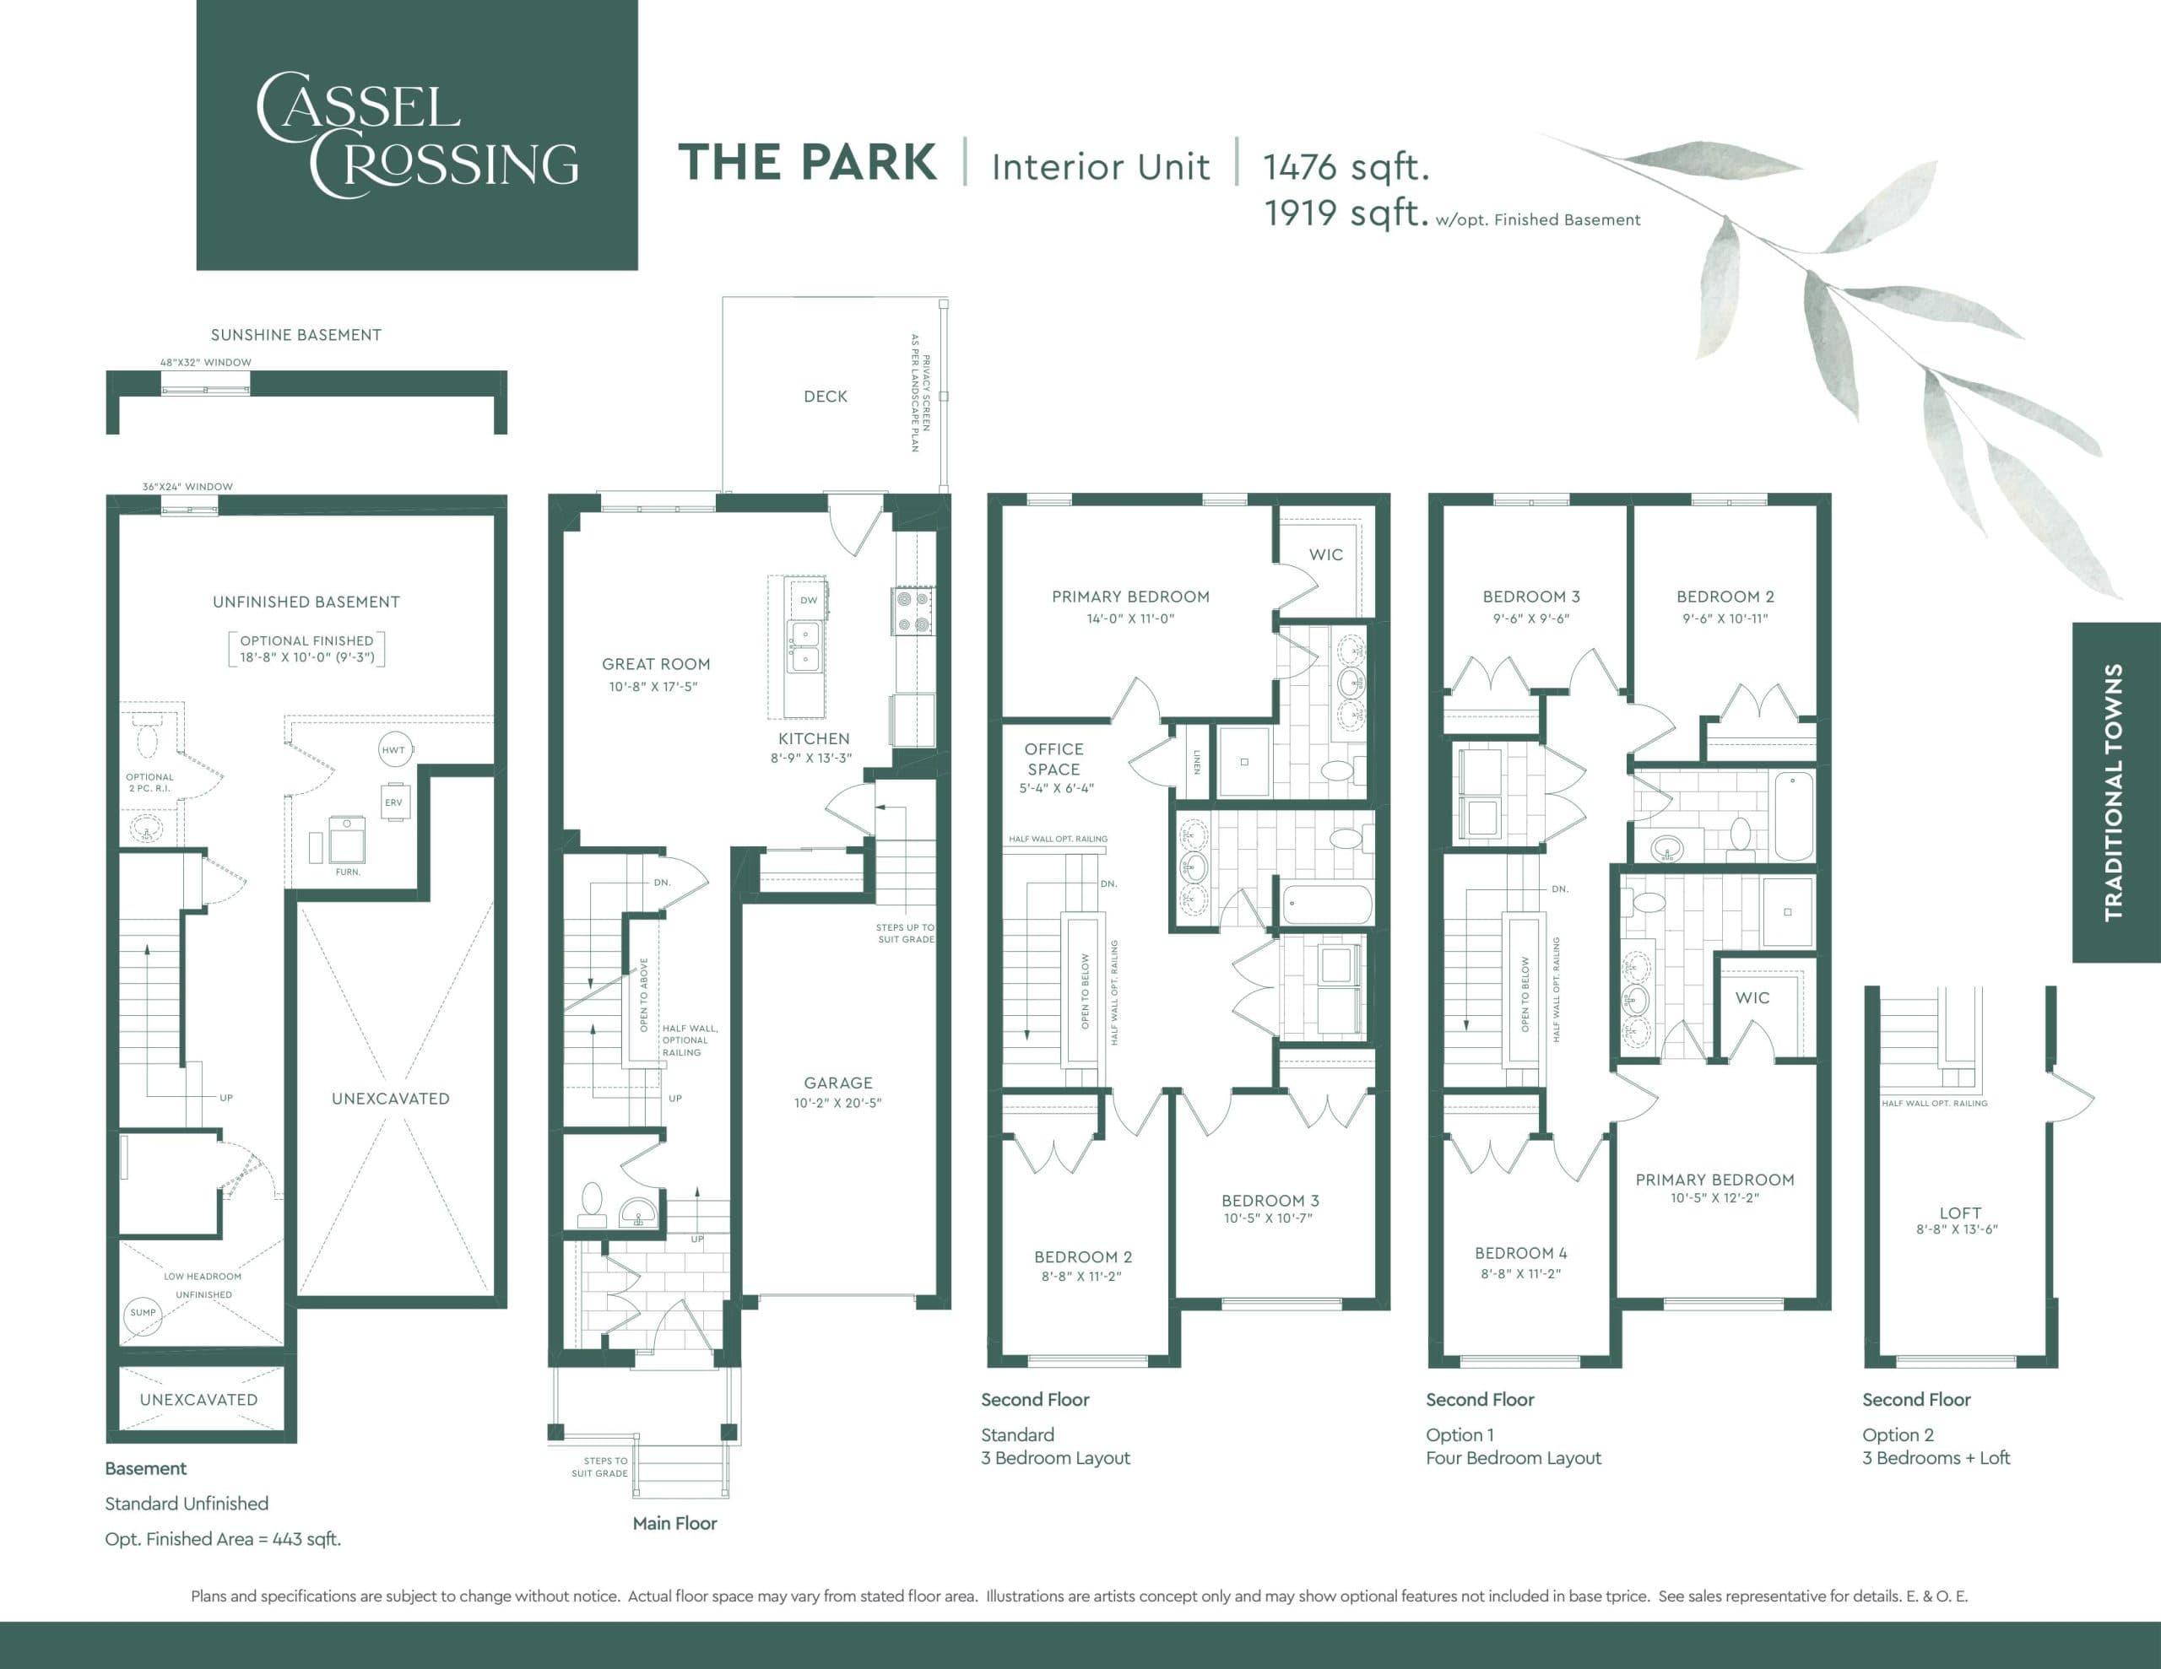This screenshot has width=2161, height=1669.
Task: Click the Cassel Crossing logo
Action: pyautogui.click(x=416, y=134)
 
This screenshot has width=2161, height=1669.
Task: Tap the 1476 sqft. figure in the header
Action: pyautogui.click(x=1346, y=167)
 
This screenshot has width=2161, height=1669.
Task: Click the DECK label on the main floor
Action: pyautogui.click(x=826, y=397)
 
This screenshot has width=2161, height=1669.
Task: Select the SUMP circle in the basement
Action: pyautogui.click(x=143, y=1313)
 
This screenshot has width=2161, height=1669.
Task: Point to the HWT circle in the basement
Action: pyautogui.click(x=394, y=750)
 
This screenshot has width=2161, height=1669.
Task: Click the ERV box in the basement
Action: pyautogui.click(x=394, y=802)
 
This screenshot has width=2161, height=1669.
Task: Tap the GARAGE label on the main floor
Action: pyautogui.click(x=837, y=1083)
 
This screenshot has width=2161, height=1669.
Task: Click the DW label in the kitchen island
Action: pyautogui.click(x=809, y=601)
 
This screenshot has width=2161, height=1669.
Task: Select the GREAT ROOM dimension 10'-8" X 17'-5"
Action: pyautogui.click(x=653, y=687)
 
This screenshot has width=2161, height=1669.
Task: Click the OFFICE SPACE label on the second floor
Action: pyautogui.click(x=1053, y=759)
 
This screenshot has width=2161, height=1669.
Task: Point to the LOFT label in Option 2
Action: pyautogui.click(x=1959, y=1213)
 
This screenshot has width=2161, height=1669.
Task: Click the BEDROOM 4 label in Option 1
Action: pyautogui.click(x=1521, y=1254)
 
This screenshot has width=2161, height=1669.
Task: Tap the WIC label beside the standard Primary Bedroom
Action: pyautogui.click(x=1326, y=555)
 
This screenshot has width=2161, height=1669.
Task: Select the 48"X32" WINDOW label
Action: pyautogui.click(x=206, y=362)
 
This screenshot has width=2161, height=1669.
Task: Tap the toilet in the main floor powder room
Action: pyautogui.click(x=592, y=1201)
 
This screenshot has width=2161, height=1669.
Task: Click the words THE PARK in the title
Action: pyautogui.click(x=807, y=163)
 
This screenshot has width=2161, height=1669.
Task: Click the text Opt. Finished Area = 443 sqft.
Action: pyautogui.click(x=223, y=1539)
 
